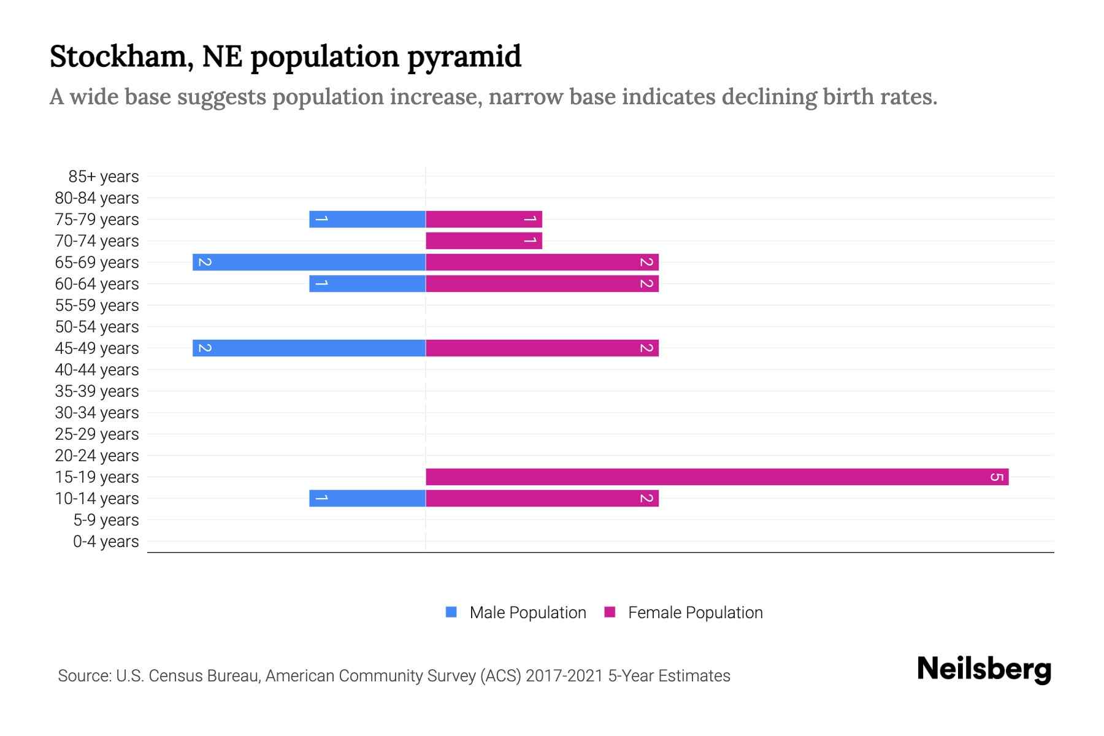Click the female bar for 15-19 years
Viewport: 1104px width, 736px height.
[716, 477]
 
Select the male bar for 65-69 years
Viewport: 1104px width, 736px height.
[309, 262]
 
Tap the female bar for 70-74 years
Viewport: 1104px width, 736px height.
[483, 240]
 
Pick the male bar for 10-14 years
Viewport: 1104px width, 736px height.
[367, 498]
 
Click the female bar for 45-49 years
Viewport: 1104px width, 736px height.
[542, 348]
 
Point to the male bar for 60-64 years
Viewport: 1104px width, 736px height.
[367, 283]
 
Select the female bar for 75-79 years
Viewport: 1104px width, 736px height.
[483, 219]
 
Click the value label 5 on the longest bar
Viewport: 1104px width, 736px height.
[997, 477]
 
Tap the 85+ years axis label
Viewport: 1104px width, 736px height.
[103, 177]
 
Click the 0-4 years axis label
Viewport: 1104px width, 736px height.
[105, 542]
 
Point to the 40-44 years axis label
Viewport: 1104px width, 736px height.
[97, 370]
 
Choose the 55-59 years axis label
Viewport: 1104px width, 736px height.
[97, 305]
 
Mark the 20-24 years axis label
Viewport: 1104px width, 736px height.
[97, 456]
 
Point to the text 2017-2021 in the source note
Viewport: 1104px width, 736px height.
[564, 676]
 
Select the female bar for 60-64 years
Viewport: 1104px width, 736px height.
[542, 283]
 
